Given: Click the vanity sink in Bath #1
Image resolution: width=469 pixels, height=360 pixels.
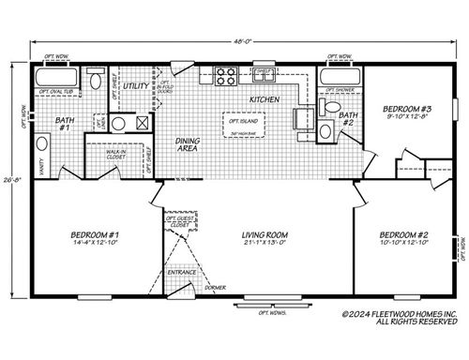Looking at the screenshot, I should [41, 145].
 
